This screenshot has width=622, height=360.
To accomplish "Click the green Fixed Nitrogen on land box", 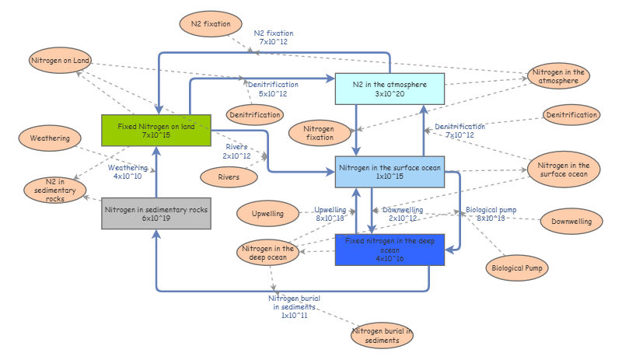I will click(x=156, y=130).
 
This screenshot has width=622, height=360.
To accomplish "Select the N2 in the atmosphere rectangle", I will click(x=390, y=89).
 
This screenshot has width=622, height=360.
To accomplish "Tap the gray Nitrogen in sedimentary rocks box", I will click(x=156, y=214).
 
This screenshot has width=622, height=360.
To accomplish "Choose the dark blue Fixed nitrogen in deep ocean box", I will click(x=390, y=250).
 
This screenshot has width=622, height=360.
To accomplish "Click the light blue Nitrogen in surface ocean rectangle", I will click(x=390, y=171).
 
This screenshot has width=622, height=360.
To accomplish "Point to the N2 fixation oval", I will click(x=211, y=24).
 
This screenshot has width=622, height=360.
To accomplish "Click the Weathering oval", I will click(x=50, y=138).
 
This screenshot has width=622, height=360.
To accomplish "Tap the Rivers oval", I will click(x=229, y=177).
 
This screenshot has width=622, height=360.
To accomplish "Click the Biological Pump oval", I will click(x=517, y=268).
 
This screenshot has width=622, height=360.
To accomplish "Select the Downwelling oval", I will click(x=571, y=222).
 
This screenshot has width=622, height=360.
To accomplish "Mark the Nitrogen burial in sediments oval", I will click(x=381, y=336).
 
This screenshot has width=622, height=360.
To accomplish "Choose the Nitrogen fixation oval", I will click(x=318, y=133).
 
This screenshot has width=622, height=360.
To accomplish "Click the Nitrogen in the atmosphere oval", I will click(x=558, y=76).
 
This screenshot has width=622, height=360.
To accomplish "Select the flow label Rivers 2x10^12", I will click(x=236, y=151).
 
